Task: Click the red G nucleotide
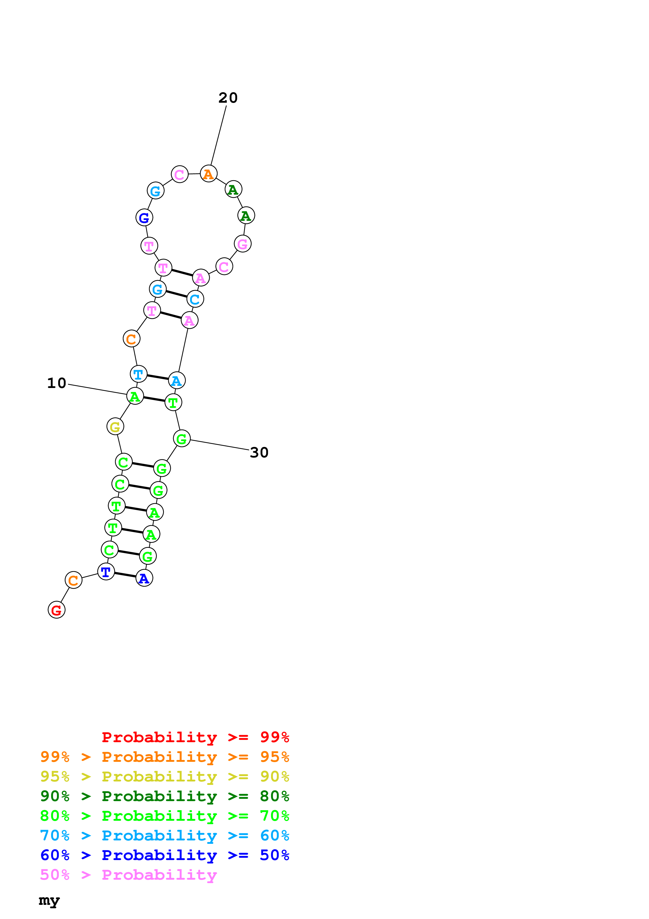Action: [56, 610]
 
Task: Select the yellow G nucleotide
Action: [115, 427]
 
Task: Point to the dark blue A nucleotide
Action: [144, 578]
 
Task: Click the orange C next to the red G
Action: [74, 580]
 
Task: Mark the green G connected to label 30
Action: [181, 439]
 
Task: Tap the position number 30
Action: [259, 452]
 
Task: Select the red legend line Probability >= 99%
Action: [195, 737]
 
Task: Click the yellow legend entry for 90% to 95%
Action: [165, 776]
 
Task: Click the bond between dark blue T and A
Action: [125, 575]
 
